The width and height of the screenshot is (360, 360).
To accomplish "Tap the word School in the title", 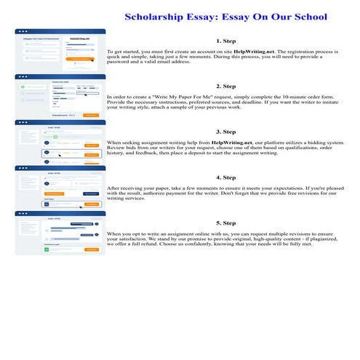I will [306, 17].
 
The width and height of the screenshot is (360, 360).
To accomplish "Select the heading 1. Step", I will [231, 41].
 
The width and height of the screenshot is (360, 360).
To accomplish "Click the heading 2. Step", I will [231, 86].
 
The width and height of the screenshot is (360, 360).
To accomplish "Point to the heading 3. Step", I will [231, 132].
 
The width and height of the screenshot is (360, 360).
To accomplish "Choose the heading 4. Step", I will [231, 177].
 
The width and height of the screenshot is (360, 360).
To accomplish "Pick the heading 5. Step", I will [231, 223].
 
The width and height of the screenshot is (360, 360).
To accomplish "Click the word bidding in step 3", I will [308, 143].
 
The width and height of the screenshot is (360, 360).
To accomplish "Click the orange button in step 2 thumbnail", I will [91, 115].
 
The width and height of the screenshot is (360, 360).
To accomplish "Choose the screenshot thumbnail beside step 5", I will [60, 233].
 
